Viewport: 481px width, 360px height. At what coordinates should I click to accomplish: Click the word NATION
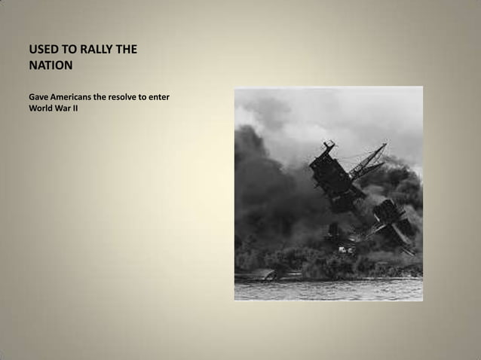click(51, 66)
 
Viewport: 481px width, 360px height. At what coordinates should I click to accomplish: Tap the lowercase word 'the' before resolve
click(110, 98)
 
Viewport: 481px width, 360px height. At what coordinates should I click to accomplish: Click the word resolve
click(136, 98)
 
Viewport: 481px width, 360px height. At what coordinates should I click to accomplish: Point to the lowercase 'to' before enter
click(159, 98)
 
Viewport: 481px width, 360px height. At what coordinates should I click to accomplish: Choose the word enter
click(175, 98)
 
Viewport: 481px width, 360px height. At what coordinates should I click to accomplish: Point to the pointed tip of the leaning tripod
click(385, 145)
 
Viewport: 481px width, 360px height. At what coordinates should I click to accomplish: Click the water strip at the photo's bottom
click(328, 290)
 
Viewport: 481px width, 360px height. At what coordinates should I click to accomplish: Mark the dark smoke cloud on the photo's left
click(260, 188)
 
